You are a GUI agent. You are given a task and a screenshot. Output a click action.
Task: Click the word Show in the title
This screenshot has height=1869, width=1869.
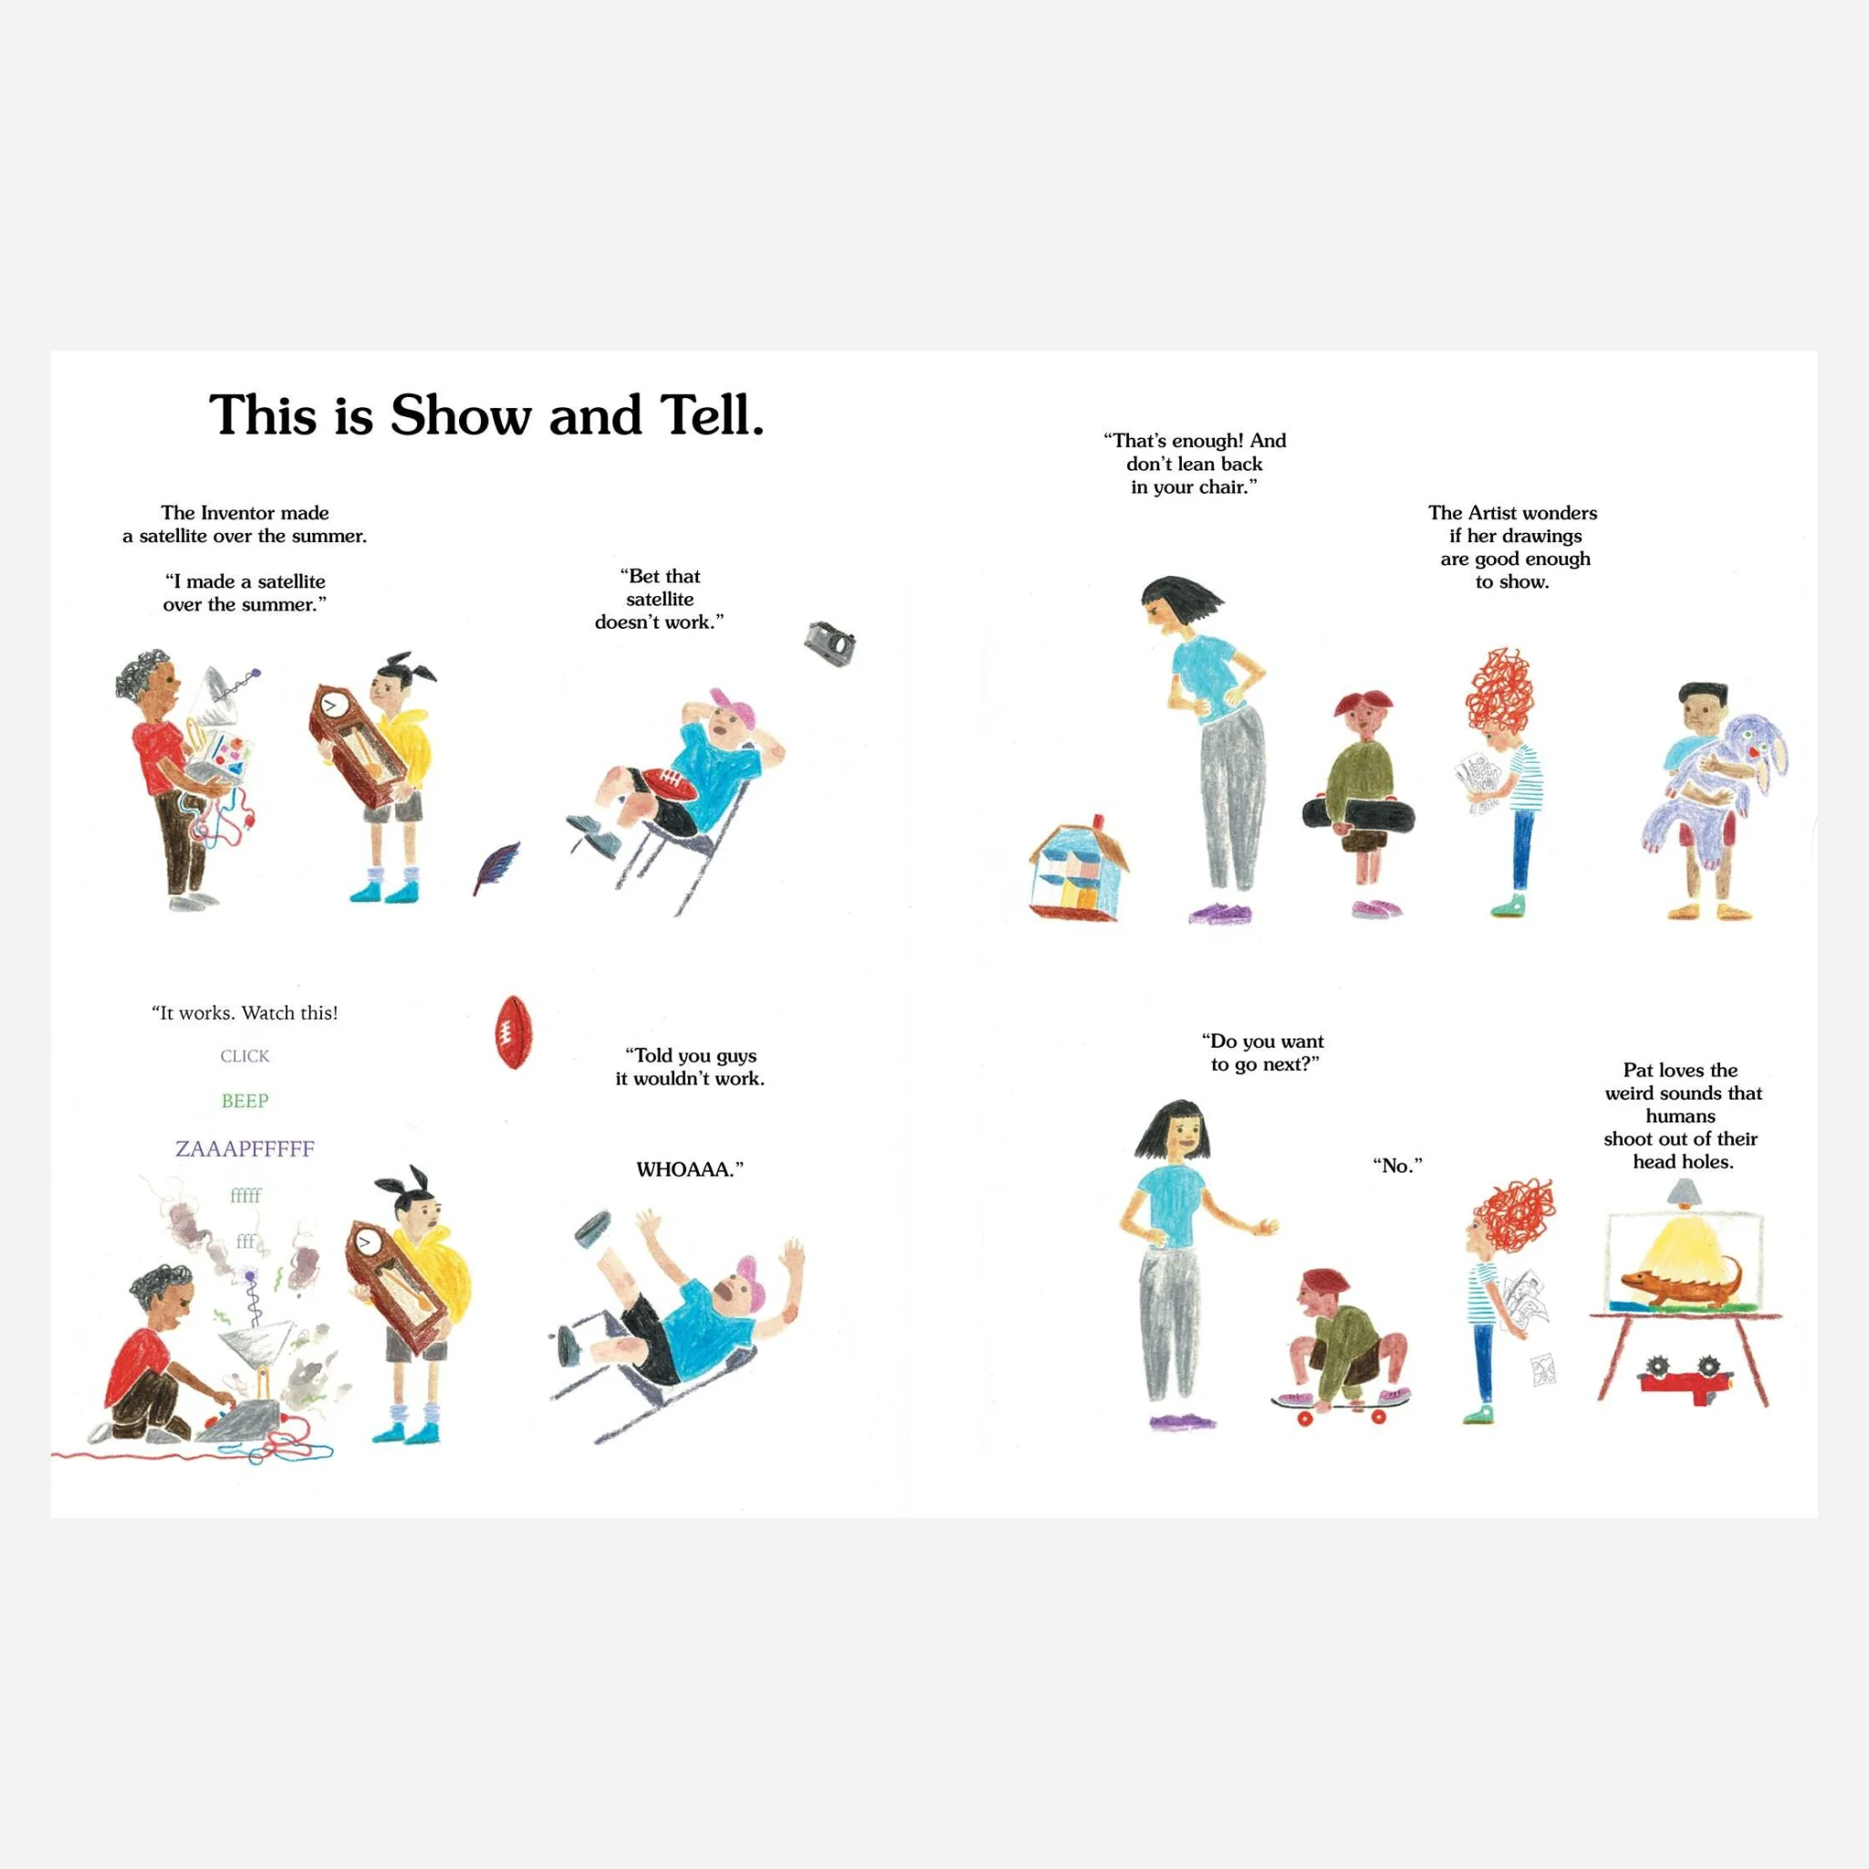[461, 416]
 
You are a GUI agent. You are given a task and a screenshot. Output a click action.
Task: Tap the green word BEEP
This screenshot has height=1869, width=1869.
[245, 1101]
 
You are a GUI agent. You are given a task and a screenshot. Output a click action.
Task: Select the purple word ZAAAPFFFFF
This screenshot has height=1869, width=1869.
[245, 1148]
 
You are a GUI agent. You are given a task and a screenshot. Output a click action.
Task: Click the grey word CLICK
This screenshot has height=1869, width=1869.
[245, 1056]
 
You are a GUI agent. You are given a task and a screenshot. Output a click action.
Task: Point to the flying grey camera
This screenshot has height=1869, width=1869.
[831, 643]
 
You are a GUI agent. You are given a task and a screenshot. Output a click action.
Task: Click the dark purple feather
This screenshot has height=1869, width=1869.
[496, 868]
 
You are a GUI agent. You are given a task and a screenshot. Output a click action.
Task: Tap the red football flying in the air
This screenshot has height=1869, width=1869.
[514, 1032]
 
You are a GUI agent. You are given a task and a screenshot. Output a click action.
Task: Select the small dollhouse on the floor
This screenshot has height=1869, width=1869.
[1079, 867]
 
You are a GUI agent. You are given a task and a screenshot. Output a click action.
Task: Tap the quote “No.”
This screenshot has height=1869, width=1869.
[1398, 1165]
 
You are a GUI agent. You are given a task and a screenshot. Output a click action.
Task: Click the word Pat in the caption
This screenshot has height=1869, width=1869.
[1638, 1070]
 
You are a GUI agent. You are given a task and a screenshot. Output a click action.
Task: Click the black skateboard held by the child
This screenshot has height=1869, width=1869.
[1358, 816]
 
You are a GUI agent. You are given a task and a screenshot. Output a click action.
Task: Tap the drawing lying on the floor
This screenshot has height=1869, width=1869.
[1542, 1369]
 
